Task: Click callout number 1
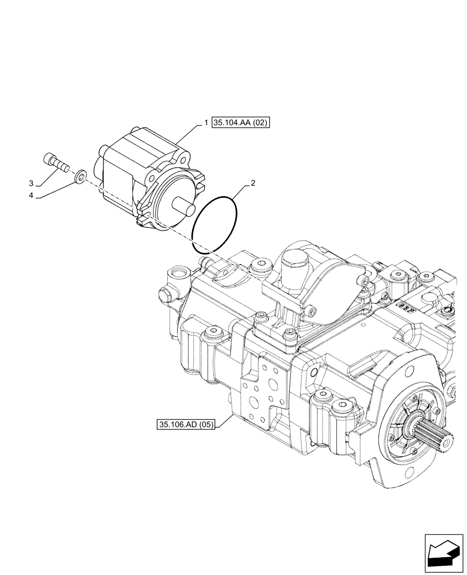205,123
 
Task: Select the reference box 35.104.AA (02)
240,123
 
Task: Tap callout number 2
252,183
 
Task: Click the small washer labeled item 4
82,175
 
